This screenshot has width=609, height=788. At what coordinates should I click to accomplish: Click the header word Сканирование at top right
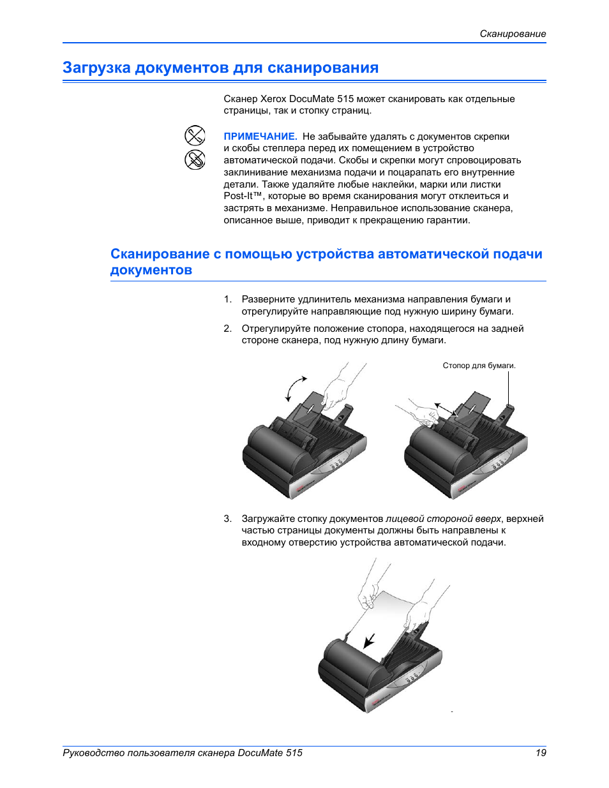(513, 34)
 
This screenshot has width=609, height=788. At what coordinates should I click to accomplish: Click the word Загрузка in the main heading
(96, 68)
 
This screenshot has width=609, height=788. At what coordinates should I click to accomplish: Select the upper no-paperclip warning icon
(195, 135)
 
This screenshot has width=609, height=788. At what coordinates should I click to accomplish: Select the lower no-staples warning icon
(195, 160)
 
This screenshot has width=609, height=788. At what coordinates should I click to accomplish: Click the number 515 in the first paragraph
(345, 99)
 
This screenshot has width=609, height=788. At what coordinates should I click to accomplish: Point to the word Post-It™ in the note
(243, 197)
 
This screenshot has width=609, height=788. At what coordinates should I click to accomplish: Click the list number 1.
(227, 299)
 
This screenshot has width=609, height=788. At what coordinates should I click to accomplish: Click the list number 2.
(227, 329)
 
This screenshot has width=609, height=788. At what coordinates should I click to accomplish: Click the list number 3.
(227, 519)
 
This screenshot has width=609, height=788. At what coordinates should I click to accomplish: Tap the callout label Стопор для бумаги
(479, 366)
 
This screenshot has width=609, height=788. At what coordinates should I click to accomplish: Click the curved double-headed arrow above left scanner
(296, 388)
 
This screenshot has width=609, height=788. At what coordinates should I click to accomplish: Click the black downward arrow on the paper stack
(369, 640)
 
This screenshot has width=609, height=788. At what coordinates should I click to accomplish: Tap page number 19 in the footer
(541, 753)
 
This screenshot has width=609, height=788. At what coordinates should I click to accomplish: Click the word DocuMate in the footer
(260, 753)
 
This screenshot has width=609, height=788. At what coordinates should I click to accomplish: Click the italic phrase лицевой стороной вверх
(443, 519)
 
